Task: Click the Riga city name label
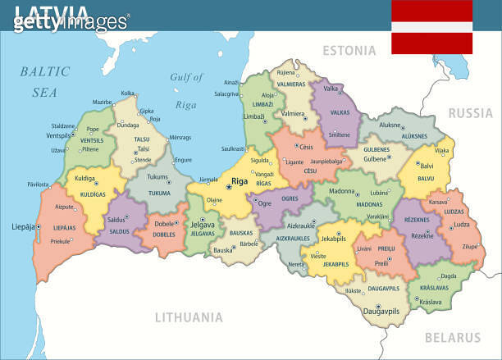click(240, 181)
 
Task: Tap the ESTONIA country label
click(349, 51)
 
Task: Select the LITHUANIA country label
click(189, 317)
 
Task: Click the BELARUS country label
click(453, 337)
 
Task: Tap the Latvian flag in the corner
click(431, 27)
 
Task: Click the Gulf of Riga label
click(186, 91)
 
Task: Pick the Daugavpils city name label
click(381, 312)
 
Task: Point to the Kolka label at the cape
click(128, 93)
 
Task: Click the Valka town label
click(331, 89)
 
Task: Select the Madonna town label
click(342, 191)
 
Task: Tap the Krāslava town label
click(431, 302)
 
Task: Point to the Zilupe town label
click(469, 246)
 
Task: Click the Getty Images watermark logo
click(71, 21)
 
